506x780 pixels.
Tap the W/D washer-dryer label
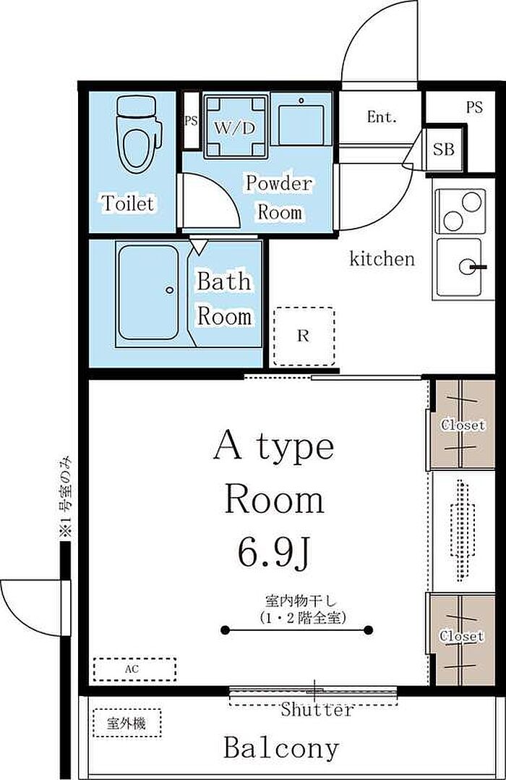(235, 128)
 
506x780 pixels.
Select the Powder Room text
(279, 198)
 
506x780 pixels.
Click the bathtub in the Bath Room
(149, 293)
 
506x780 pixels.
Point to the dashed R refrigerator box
(304, 336)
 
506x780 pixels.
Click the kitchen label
(382, 259)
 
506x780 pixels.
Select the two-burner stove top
(460, 211)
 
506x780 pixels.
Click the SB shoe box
(445, 149)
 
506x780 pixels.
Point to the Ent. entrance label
(382, 117)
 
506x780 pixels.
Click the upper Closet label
(463, 425)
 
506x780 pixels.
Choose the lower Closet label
(462, 636)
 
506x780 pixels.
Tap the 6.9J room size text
(275, 554)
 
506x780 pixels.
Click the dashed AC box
(134, 669)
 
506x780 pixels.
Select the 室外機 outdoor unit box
(127, 723)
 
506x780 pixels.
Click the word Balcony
(281, 747)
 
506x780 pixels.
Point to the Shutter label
(317, 709)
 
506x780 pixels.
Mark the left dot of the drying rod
(225, 630)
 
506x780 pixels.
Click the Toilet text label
(128, 203)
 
